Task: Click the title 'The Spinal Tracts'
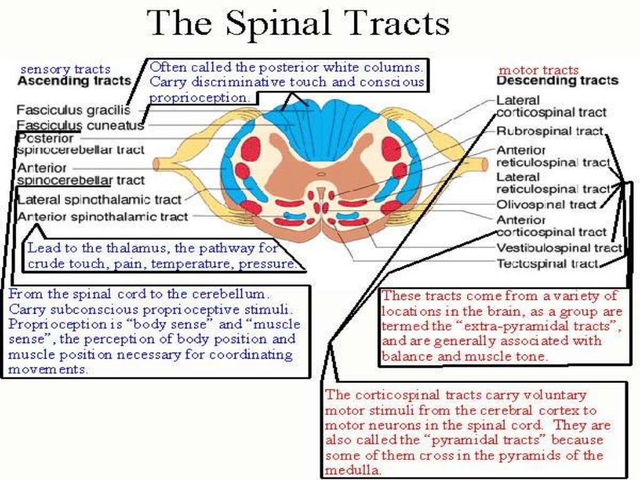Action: point(299,25)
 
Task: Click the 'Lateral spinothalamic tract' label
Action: point(99,200)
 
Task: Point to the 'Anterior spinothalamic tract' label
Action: point(102,217)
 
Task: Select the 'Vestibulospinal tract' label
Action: point(559,248)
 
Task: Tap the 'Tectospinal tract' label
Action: point(547,264)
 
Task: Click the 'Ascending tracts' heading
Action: point(74,81)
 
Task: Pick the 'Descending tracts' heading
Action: point(557,81)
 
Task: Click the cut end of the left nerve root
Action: point(157,164)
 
